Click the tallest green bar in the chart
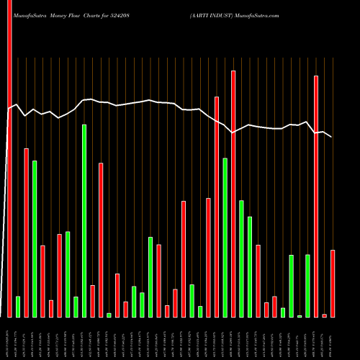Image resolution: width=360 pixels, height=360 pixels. coord(84,220)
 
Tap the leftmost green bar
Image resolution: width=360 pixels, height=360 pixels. coord(18,307)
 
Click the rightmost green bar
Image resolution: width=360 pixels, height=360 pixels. coord(307,286)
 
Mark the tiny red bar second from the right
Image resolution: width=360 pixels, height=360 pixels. coord(324,315)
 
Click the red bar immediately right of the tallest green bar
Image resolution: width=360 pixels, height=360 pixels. coord(93,301)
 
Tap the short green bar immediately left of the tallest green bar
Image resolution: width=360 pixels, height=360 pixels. coord(76,307)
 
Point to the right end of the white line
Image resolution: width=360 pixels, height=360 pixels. coord(332,137)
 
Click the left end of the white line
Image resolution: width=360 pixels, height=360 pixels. coord(8,110)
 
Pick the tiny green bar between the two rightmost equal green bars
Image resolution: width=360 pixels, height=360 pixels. coord(300,316)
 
